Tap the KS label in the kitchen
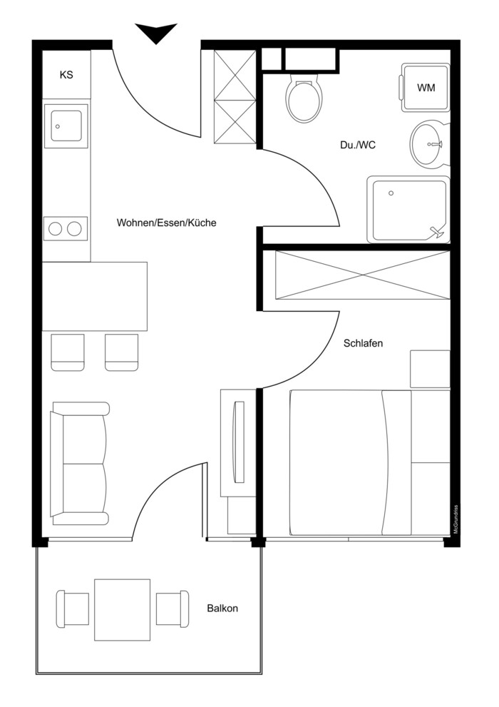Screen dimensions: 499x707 tap(66, 75)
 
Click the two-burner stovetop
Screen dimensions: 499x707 tap(66, 228)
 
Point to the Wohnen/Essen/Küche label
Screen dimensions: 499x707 tap(166, 223)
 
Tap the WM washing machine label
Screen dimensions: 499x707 tap(426, 88)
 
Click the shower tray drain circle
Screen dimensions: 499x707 tap(391, 193)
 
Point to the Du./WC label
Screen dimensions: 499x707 tap(358, 146)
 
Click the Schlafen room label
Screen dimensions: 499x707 tap(363, 343)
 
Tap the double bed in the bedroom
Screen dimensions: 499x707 tap(370, 462)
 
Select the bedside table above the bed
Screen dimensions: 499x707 tap(430, 369)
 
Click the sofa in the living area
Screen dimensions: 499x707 tap(80, 464)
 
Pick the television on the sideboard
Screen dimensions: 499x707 tap(238, 442)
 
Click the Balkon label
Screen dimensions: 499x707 tap(222, 609)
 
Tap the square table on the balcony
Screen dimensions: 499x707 tap(122, 609)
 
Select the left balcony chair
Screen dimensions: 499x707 tap(73, 609)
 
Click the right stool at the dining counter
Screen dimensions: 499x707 tap(122, 352)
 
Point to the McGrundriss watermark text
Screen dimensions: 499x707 tap(456, 519)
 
